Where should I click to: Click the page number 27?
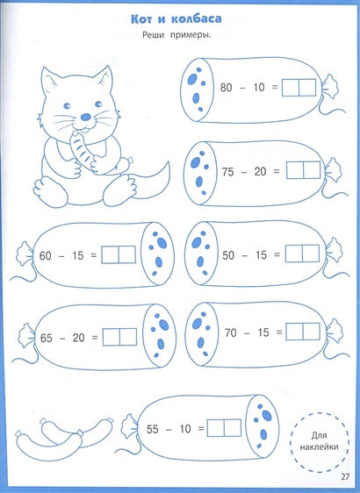click(344, 476)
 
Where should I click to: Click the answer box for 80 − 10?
click(298, 88)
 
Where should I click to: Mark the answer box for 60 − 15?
click(119, 254)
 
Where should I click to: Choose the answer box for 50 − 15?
click(299, 254)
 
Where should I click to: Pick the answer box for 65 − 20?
click(119, 336)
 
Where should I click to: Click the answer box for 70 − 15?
click(299, 332)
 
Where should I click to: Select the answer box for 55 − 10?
click(223, 429)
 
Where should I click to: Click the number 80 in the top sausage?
click(227, 88)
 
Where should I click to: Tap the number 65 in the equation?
click(47, 336)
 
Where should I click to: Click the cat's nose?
click(84, 116)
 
